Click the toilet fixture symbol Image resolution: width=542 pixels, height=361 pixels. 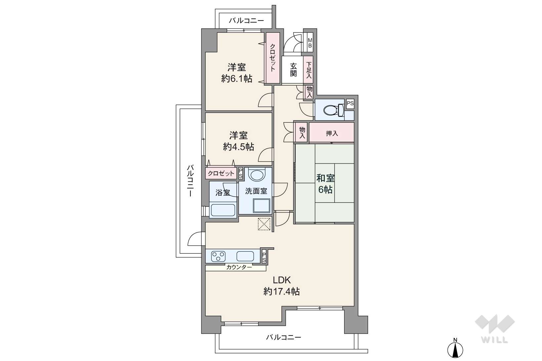point(333,110)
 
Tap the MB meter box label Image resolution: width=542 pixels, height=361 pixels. point(310,43)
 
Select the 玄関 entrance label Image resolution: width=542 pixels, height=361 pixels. point(293,70)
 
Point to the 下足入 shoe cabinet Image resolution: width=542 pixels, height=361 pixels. point(308,70)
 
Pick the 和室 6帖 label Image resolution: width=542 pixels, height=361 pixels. point(325,184)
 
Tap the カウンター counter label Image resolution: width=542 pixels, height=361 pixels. point(239,267)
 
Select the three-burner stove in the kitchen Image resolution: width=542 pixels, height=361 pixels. point(218,256)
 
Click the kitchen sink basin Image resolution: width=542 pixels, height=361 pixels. point(245,256)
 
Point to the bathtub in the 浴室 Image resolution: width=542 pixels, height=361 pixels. point(223,210)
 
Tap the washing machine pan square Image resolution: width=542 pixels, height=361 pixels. point(261,205)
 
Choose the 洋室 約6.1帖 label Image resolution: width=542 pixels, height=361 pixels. point(237,73)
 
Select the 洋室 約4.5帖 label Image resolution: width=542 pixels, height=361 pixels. point(238,141)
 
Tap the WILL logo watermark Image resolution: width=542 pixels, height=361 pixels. point(494,329)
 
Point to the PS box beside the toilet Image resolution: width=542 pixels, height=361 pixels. point(350,104)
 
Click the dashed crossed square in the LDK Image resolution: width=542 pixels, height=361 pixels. point(264,224)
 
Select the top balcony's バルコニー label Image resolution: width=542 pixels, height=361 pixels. point(246,20)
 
